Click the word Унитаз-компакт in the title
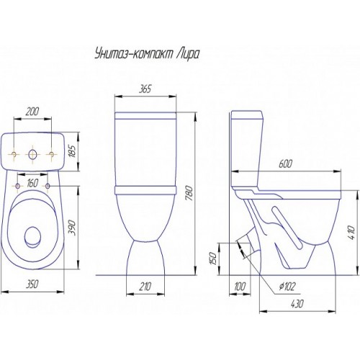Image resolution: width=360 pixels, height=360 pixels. (x=133, y=54)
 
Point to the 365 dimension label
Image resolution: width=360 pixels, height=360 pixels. (x=145, y=89)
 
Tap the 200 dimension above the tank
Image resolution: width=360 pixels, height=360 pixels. (x=32, y=112)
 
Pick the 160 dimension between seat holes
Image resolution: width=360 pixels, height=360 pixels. (x=32, y=184)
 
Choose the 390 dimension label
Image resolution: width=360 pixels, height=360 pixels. (x=73, y=228)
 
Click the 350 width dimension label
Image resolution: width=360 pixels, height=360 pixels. (x=32, y=284)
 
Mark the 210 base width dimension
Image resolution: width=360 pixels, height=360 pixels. (x=145, y=287)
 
